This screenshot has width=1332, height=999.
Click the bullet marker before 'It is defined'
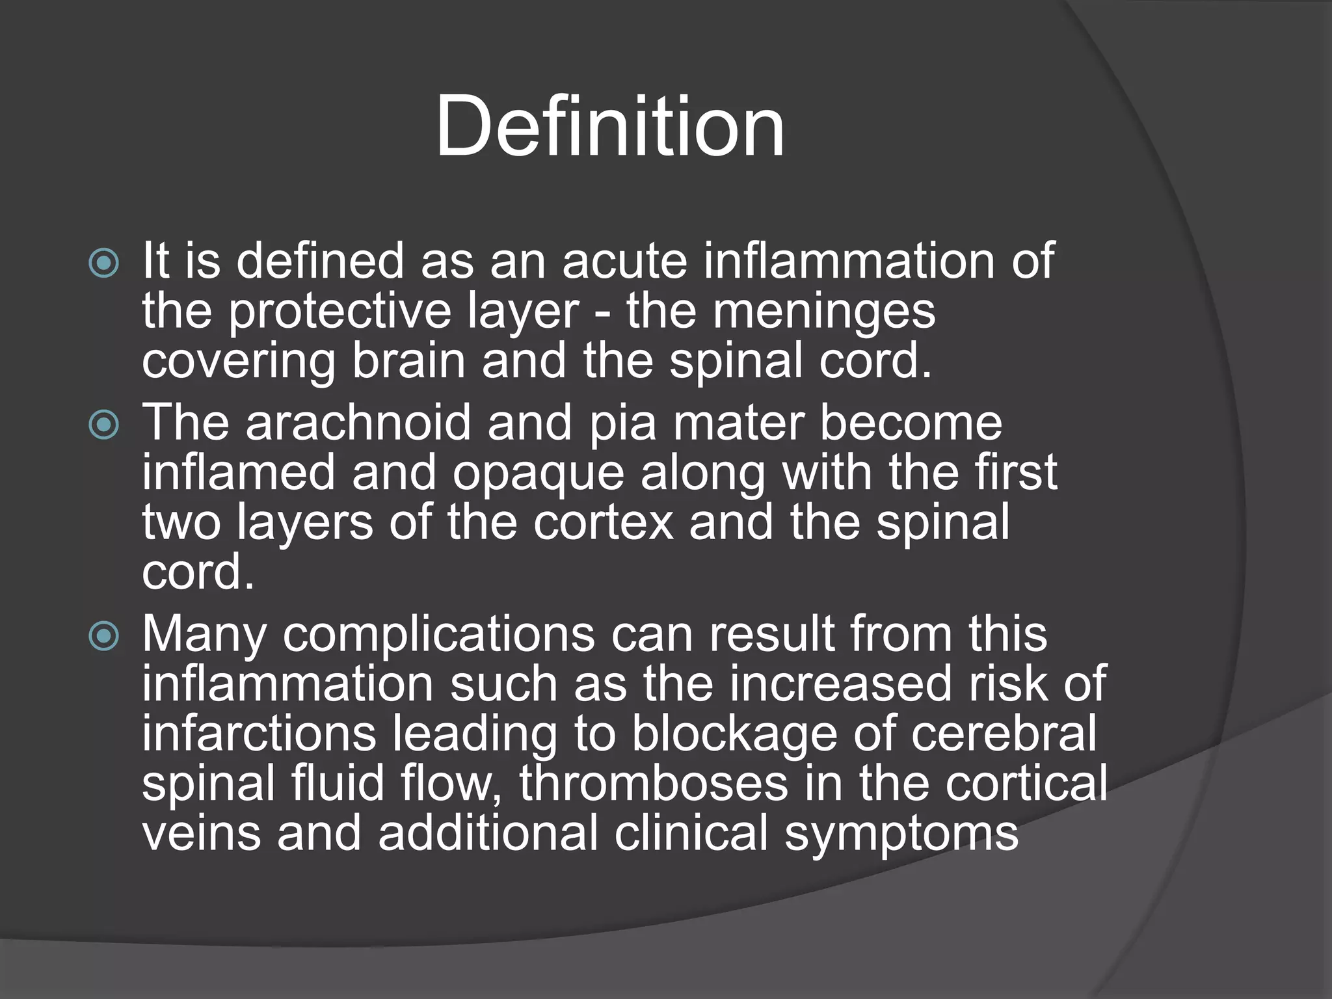point(104,263)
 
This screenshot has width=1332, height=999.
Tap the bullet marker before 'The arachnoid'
point(104,425)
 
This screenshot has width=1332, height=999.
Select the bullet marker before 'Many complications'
point(104,636)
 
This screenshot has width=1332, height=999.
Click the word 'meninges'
point(824,312)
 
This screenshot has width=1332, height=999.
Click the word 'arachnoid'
point(358,423)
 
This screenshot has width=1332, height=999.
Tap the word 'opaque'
point(539,473)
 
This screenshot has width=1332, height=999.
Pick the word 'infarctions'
point(259,734)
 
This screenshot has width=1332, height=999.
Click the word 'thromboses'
point(654,784)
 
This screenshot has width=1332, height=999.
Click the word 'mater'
point(738,423)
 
